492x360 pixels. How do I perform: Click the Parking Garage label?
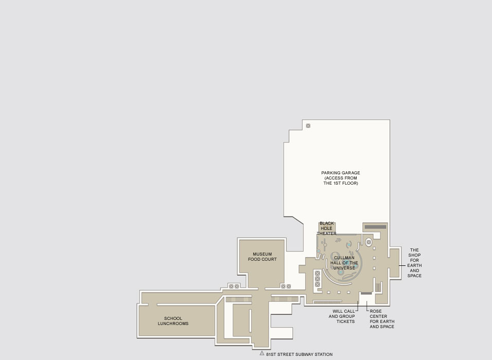pos(341,178)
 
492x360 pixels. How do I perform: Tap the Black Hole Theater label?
pos(327,228)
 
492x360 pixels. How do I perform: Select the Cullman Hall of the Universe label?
pos(344,263)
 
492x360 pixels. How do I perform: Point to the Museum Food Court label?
pos(262,257)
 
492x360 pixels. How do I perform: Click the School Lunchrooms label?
pos(173,321)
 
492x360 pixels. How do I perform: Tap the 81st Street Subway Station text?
pos(300,354)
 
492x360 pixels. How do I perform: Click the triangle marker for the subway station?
pos(261,353)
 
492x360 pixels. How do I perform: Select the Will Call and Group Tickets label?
pos(342,316)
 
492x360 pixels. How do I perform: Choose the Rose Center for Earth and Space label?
pos(382,319)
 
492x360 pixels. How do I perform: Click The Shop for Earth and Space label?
pos(414,263)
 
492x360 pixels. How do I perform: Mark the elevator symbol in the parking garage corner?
pos(308,126)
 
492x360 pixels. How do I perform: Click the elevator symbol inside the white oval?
pos(368,242)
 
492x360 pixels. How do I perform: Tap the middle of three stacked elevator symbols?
pos(317,279)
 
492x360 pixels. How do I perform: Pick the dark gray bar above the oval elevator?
pos(375,227)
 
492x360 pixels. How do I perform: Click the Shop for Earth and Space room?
pos(395,263)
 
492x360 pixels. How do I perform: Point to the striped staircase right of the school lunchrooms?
pos(238,299)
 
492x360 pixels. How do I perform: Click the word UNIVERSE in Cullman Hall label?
pos(344,268)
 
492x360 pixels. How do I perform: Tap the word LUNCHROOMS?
pos(173,323)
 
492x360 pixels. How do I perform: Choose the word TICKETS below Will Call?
pos(345,321)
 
